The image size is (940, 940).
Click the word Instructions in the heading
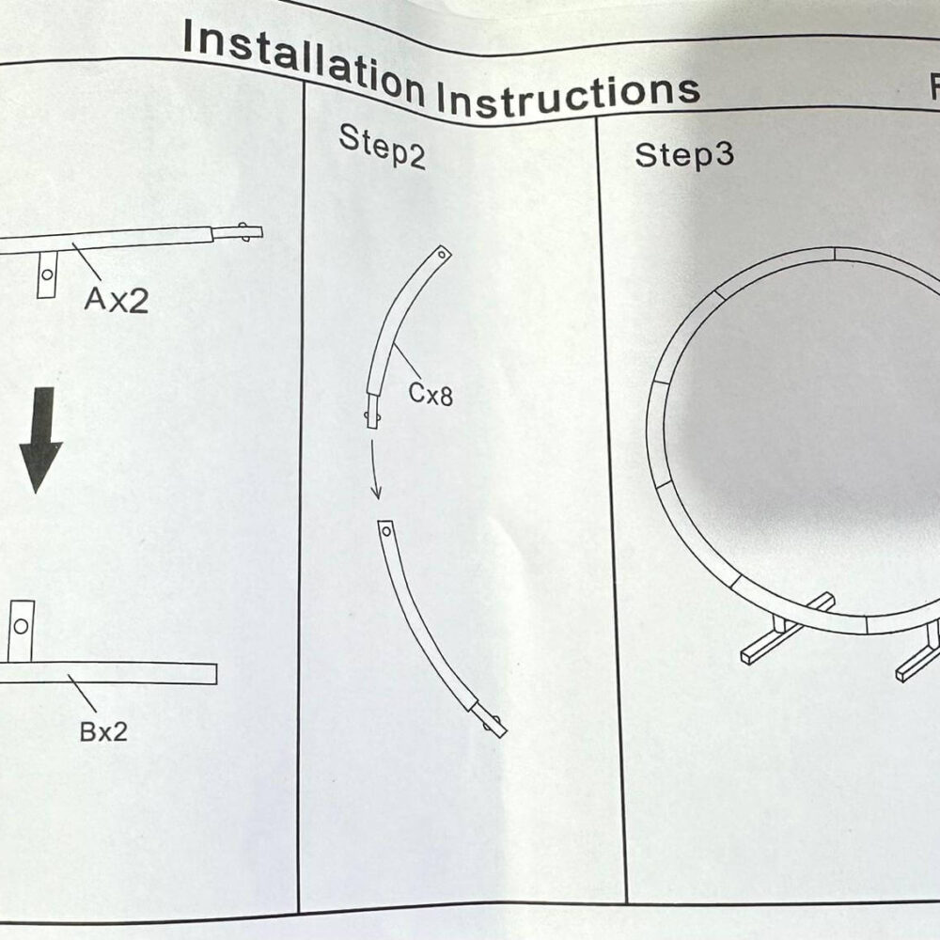pyautogui.click(x=568, y=95)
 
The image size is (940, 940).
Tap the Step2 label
pyautogui.click(x=383, y=146)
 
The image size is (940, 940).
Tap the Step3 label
pyautogui.click(x=684, y=155)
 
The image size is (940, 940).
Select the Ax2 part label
pyautogui.click(x=117, y=300)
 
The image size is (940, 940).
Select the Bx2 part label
pyautogui.click(x=103, y=731)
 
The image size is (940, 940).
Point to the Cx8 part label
pyautogui.click(x=431, y=394)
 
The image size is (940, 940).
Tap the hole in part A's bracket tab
pyautogui.click(x=47, y=274)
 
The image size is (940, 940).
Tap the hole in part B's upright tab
pyautogui.click(x=21, y=626)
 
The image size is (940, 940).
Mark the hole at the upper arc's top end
pyautogui.click(x=443, y=255)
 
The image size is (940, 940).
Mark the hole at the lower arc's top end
pyautogui.click(x=386, y=531)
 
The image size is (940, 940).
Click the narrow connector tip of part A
pyautogui.click(x=238, y=232)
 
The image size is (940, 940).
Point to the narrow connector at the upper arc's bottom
pyautogui.click(x=373, y=411)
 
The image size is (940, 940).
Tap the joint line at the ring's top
pyautogui.click(x=834, y=254)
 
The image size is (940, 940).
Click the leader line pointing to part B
pyautogui.click(x=82, y=693)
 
